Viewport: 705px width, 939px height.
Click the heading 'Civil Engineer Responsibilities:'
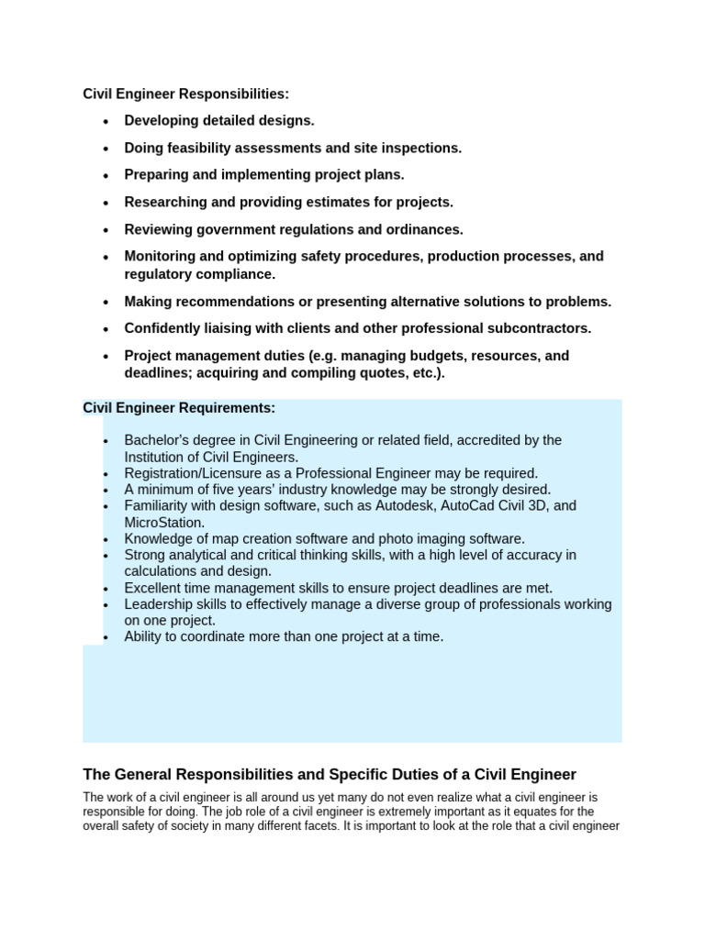185,94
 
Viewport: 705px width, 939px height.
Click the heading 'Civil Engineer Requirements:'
179,407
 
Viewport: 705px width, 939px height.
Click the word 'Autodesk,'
411,505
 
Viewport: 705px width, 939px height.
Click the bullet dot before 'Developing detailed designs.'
107,121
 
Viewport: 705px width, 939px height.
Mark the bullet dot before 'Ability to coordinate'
107,637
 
